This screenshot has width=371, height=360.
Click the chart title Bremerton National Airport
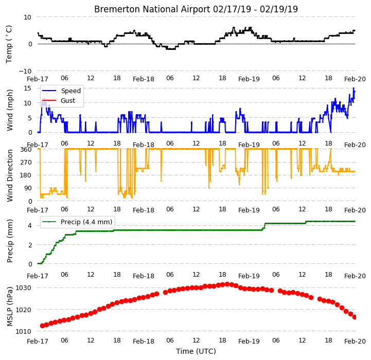152,9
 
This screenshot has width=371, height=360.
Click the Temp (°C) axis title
9,44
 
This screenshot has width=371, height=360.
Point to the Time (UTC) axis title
196,351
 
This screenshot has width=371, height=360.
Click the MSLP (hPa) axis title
10,307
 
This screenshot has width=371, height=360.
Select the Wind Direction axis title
10,175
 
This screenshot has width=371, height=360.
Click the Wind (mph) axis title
10,110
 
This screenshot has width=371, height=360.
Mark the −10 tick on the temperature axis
25,71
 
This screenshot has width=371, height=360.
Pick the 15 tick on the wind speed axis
27,88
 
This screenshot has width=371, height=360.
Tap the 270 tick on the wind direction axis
26,163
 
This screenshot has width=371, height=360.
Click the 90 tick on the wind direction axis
27,188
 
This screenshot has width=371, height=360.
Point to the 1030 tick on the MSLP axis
24,288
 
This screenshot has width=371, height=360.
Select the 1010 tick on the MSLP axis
24,331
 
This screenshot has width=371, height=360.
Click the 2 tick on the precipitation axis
30,245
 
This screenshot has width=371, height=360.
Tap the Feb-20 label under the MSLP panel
355,341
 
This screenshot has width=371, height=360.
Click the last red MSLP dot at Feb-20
355,317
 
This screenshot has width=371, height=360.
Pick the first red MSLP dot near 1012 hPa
42,326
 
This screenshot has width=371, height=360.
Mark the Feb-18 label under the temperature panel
144,79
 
